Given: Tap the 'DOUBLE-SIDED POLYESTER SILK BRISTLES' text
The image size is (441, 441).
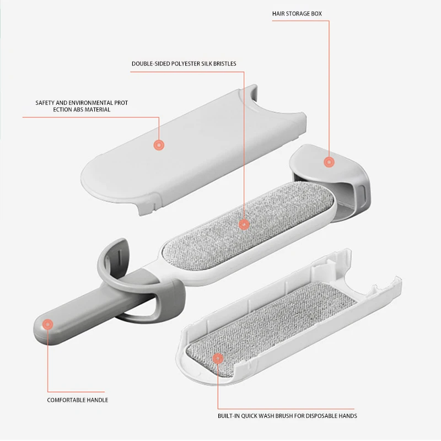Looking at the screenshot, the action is [x=184, y=64].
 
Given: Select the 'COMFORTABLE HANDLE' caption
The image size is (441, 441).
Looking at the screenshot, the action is [x=77, y=400].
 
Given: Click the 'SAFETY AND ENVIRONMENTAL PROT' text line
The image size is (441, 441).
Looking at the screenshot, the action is [x=82, y=103].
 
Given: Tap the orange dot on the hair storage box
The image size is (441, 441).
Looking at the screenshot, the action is [x=329, y=162].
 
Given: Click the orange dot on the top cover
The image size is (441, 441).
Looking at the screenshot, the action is [x=159, y=145].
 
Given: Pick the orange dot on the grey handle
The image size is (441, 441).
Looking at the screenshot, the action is [x=48, y=325].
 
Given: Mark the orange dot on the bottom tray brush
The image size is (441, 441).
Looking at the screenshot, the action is [x=218, y=358].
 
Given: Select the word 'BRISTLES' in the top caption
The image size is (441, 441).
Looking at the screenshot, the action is [x=224, y=64].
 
